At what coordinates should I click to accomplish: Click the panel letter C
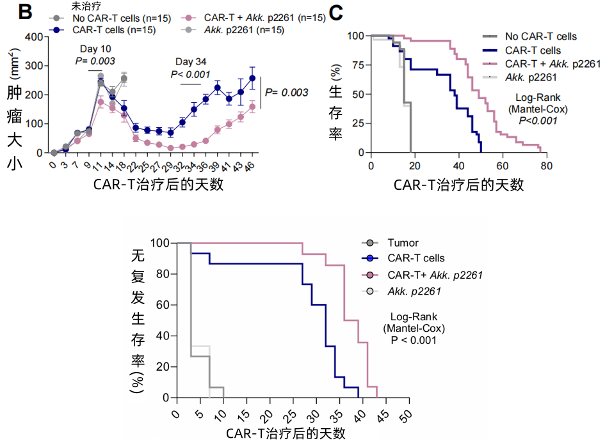click(x=338, y=11)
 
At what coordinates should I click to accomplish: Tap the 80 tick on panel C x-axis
click(x=546, y=165)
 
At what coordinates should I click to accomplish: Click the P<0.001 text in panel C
click(x=536, y=120)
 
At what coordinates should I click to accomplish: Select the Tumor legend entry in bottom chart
click(x=403, y=243)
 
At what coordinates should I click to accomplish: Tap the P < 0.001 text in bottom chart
click(x=414, y=340)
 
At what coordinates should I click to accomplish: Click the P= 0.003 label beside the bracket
click(x=286, y=92)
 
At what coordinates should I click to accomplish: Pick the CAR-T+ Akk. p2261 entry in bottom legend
click(x=435, y=275)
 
